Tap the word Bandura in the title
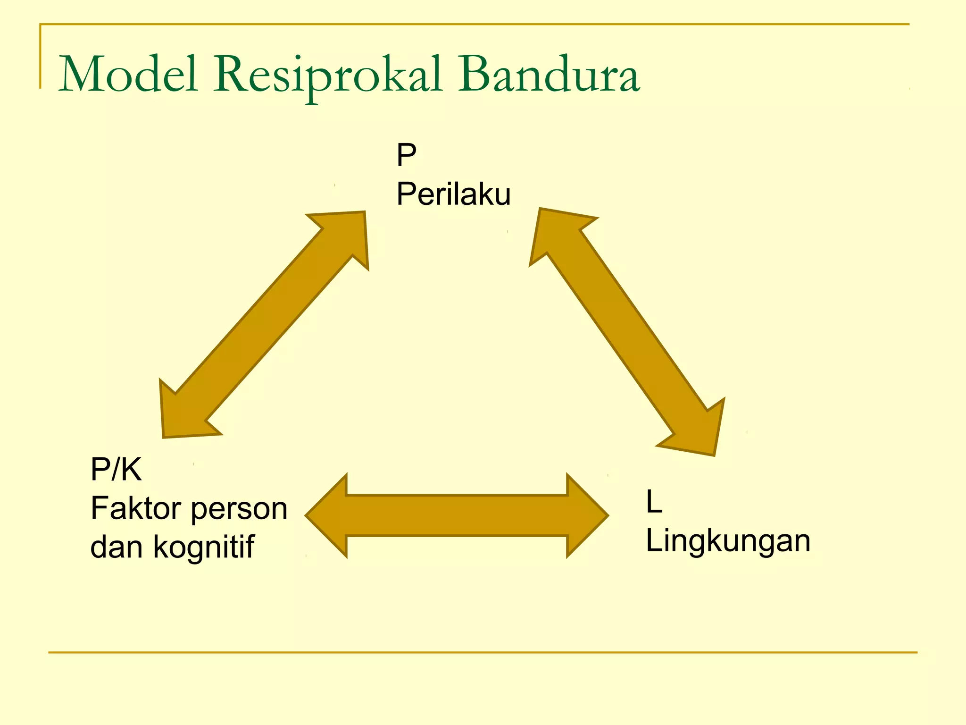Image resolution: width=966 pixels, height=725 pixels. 550,75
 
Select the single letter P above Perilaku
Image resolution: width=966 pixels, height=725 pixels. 406,155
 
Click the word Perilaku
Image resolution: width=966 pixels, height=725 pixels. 453,194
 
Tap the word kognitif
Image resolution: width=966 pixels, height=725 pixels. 204,548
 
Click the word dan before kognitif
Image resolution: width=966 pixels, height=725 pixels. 116,548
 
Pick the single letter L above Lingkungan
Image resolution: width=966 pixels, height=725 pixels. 654,502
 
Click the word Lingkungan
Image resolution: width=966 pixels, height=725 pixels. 728,541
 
